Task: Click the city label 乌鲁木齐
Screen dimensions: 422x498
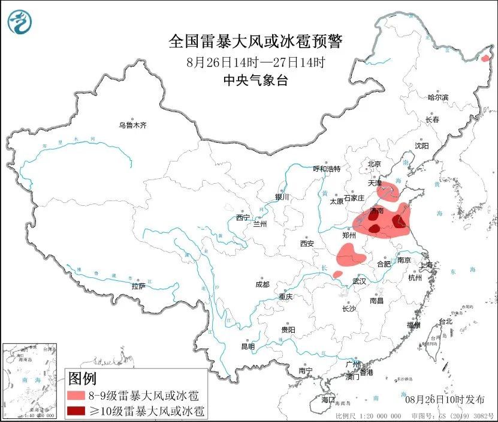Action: [x=132, y=125]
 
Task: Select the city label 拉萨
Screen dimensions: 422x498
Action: [x=138, y=286]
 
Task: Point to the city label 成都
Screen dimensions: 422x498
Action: [x=262, y=285]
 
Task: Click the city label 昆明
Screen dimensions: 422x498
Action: [x=248, y=346]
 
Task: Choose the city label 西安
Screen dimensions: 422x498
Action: [x=307, y=244]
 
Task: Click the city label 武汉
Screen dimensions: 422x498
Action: [x=359, y=281]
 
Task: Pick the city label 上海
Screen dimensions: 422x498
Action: [x=427, y=264]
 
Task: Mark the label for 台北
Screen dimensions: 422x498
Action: [x=445, y=322]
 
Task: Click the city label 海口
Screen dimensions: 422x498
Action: [x=328, y=399]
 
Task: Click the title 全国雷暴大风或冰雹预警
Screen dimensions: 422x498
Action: [x=255, y=41]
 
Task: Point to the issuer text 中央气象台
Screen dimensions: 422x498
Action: [x=255, y=80]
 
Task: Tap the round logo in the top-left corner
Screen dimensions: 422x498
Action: [x=20, y=22]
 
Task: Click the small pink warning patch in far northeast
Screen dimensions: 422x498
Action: [x=485, y=58]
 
